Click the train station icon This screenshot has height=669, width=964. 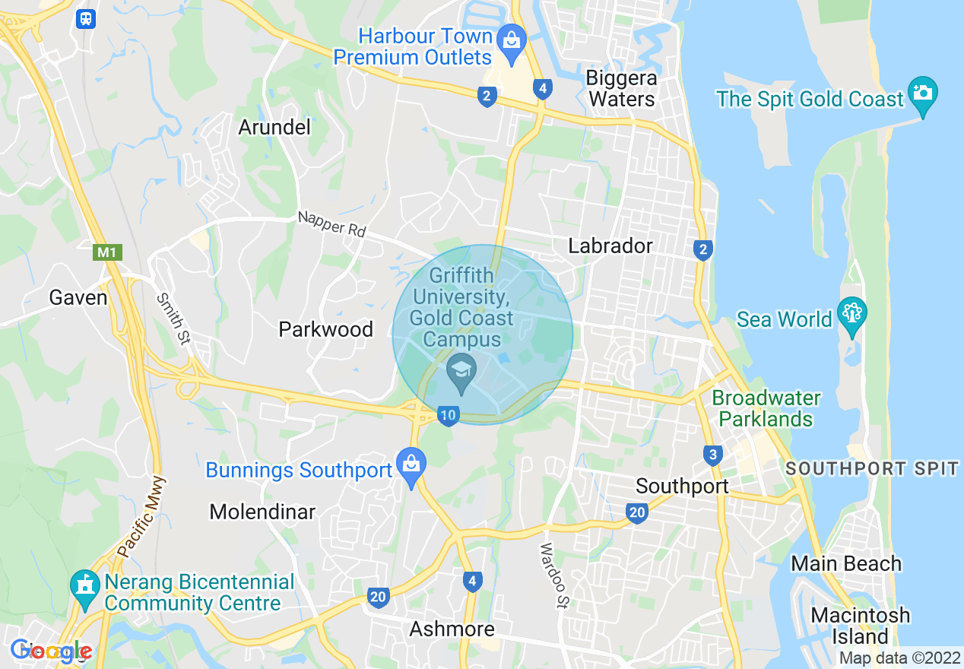pyautogui.click(x=86, y=18)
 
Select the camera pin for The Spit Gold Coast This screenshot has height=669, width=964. pyautogui.click(x=923, y=94)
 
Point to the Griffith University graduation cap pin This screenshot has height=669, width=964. pyautogui.click(x=461, y=371)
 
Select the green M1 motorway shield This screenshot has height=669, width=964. pyautogui.click(x=107, y=252)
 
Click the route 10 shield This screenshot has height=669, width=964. pyautogui.click(x=449, y=415)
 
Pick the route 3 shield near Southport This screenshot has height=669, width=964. pyautogui.click(x=712, y=455)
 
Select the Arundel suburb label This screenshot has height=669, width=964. pyautogui.click(x=274, y=127)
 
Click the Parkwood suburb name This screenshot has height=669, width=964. pyautogui.click(x=325, y=329)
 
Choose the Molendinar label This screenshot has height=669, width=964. pyautogui.click(x=262, y=512)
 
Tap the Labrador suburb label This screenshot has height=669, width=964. pyautogui.click(x=610, y=246)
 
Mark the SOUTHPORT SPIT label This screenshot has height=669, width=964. pyautogui.click(x=873, y=468)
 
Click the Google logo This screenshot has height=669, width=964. pyautogui.click(x=52, y=651)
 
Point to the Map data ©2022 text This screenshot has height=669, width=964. pyautogui.click(x=899, y=658)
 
